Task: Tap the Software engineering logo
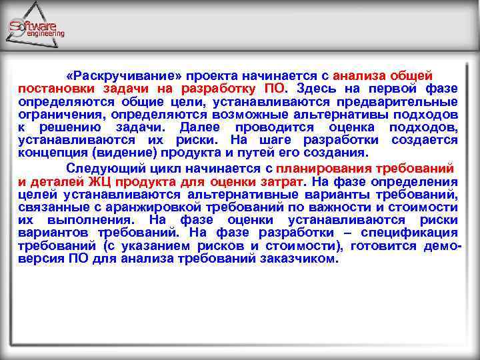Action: point(37,27)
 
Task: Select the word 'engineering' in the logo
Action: point(45,33)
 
